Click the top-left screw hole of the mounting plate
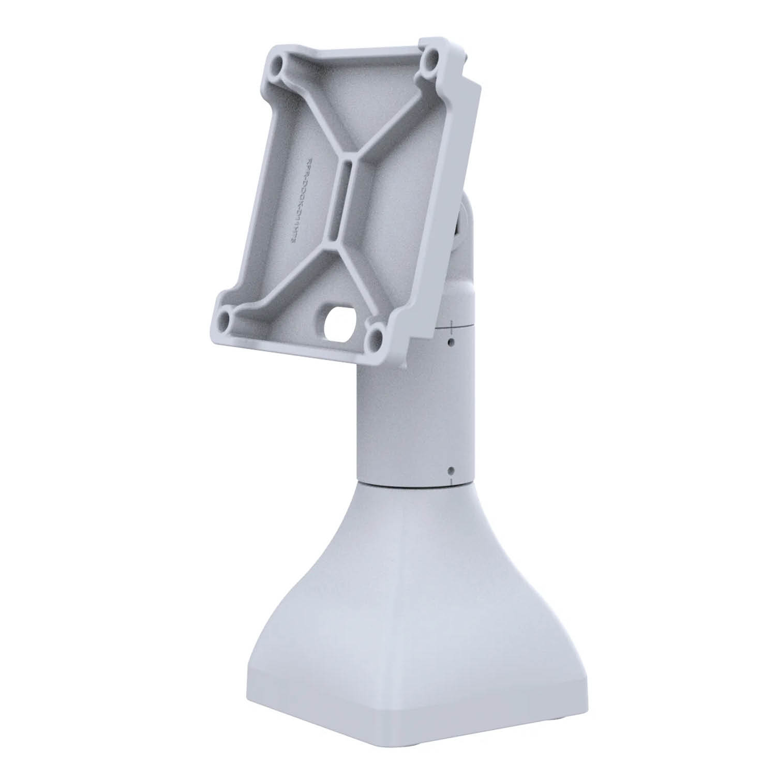[x=280, y=66]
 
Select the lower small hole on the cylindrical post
[x=451, y=470]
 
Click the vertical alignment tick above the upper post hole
[x=452, y=326]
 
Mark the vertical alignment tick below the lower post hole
[x=452, y=481]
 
